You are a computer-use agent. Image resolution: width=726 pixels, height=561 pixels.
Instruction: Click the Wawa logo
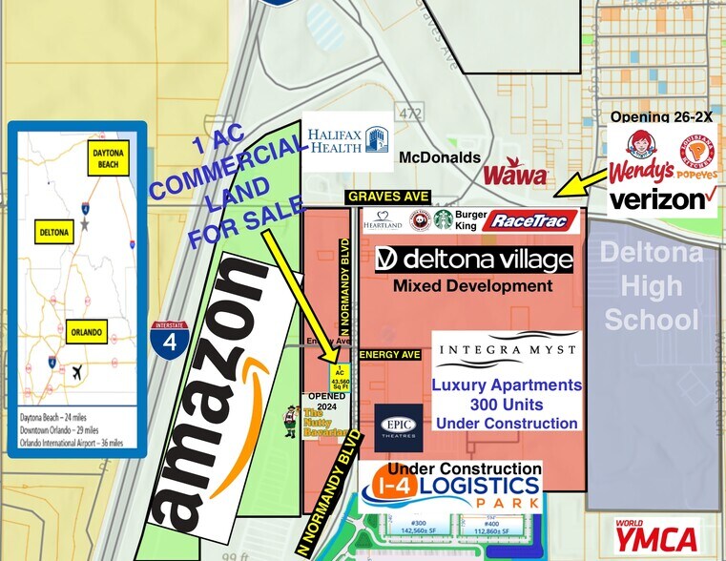515,175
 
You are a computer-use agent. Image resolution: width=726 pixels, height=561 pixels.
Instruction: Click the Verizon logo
662,198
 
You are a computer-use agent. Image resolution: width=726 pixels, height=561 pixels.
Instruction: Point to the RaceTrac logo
530,220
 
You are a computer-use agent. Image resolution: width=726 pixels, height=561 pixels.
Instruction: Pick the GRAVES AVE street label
388,197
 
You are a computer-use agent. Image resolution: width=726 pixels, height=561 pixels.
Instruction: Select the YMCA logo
656,536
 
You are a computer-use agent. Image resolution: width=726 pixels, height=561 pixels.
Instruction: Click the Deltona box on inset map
51,231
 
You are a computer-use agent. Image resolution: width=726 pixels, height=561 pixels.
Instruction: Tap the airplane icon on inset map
75,373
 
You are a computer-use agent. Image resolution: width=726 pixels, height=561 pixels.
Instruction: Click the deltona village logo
474,259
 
